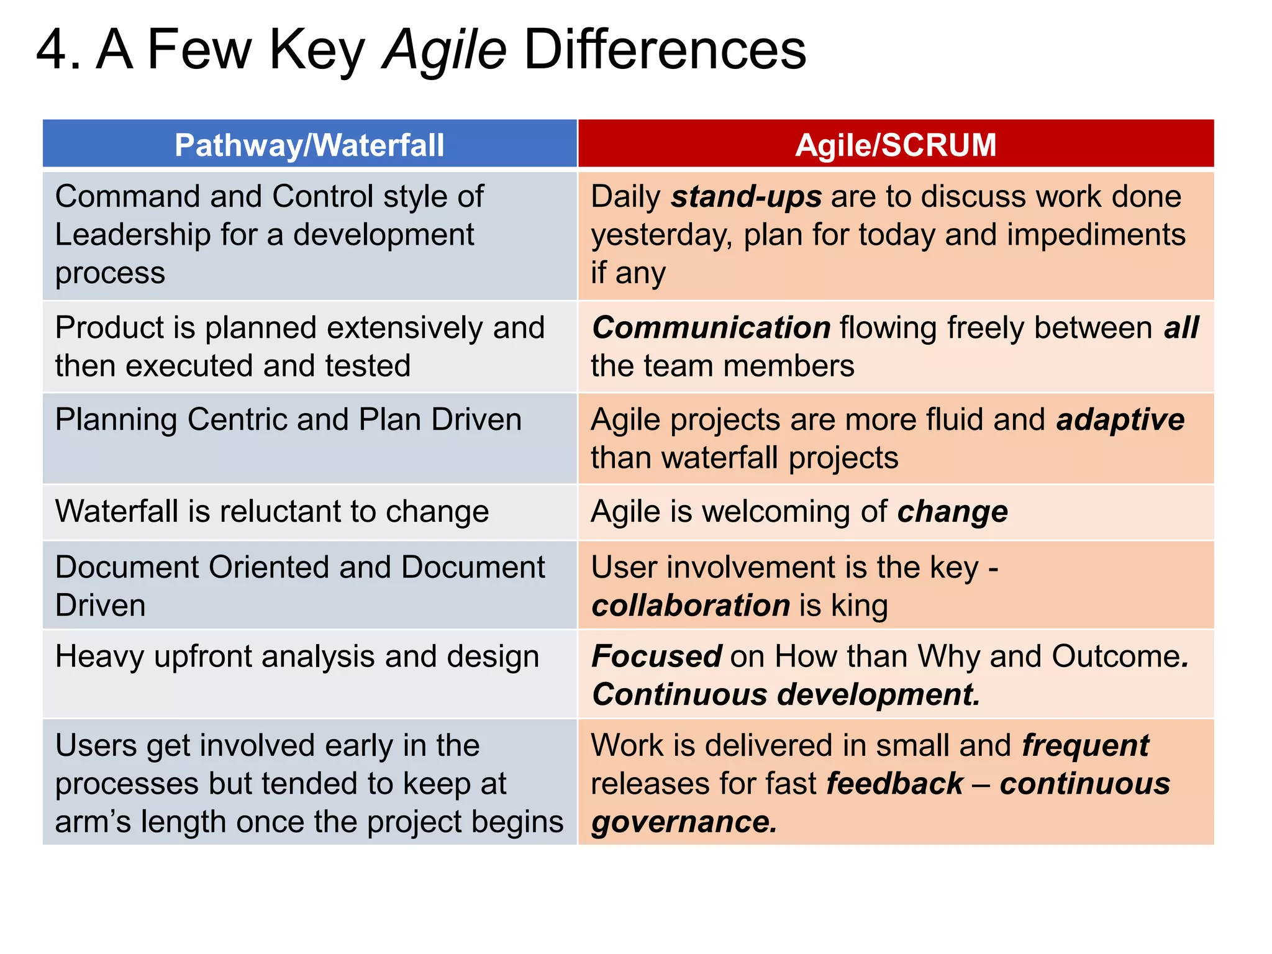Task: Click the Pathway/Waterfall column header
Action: [x=309, y=145]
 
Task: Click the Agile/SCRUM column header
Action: [x=896, y=145]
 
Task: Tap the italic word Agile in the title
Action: [x=445, y=50]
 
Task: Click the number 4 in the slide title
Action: [x=51, y=50]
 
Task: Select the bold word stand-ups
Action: [x=747, y=197]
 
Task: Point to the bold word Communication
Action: [x=711, y=327]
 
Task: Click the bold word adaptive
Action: [x=1120, y=419]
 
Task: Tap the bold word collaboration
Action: [x=691, y=606]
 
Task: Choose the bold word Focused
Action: [x=656, y=656]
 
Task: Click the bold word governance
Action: [x=684, y=822]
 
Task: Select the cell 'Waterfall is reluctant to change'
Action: [x=272, y=512]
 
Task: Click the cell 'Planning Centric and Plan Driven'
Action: [x=288, y=420]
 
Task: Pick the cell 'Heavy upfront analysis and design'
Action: [x=297, y=657]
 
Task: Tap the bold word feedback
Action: [x=895, y=784]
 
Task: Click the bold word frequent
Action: [x=1086, y=745]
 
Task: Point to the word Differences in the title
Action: [x=665, y=50]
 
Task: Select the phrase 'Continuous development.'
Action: [x=786, y=694]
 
